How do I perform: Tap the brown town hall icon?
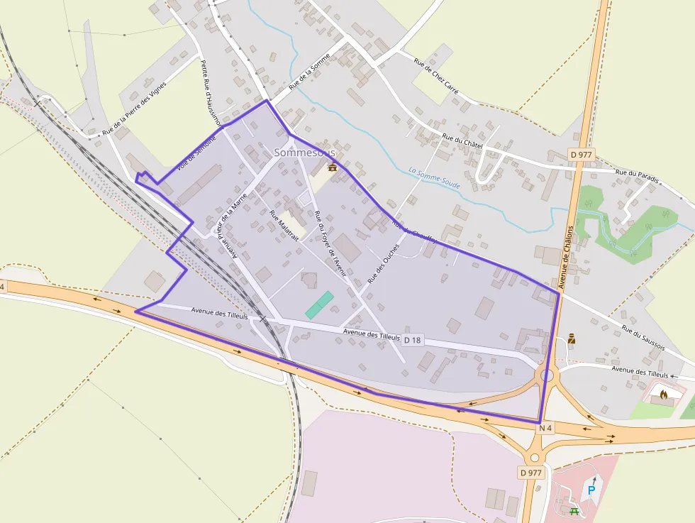pyautogui.click(x=332, y=167)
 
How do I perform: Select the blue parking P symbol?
pyautogui.click(x=590, y=490)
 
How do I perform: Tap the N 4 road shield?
pyautogui.click(x=545, y=428)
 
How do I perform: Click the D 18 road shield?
pyautogui.click(x=413, y=341)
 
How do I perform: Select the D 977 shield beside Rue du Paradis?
pyautogui.click(x=582, y=154)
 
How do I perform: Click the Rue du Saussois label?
pyautogui.click(x=643, y=338)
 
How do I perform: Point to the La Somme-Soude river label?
pyautogui.click(x=434, y=177)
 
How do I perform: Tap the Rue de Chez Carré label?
pyautogui.click(x=436, y=76)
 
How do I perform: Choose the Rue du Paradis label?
pyautogui.click(x=637, y=175)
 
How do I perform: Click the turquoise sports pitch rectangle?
pyautogui.click(x=319, y=304)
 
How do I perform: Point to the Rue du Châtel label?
pyautogui.click(x=462, y=141)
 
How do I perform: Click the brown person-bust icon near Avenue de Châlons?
pyautogui.click(x=572, y=339)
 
